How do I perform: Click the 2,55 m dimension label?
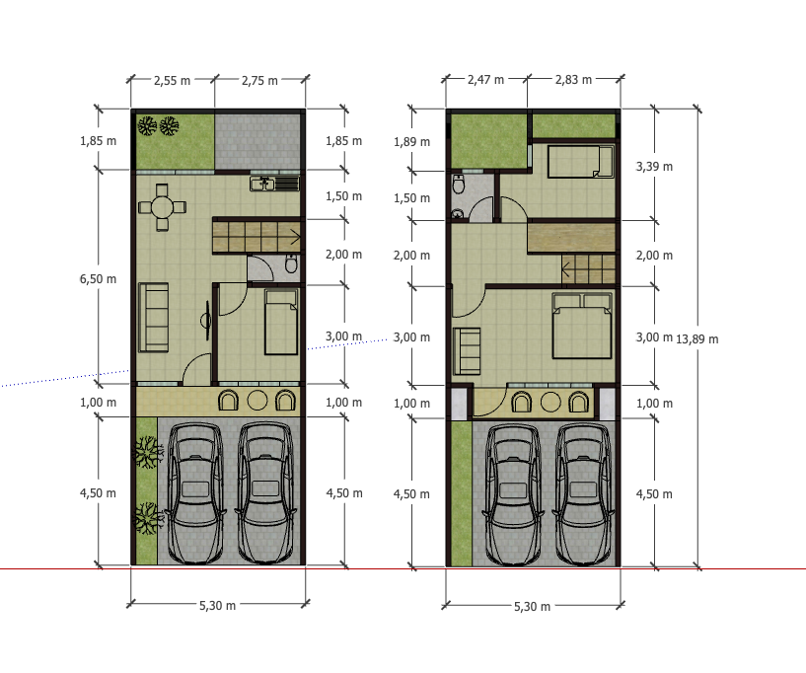(172, 81)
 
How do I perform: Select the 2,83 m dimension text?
(573, 80)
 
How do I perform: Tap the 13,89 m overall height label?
(697, 339)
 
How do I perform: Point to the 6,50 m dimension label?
(98, 279)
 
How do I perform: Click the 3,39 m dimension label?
(654, 167)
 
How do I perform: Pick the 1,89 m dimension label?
(411, 142)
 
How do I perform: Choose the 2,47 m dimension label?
(485, 80)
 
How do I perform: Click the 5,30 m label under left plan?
(217, 606)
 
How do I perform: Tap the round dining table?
(163, 207)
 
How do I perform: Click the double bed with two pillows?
(582, 326)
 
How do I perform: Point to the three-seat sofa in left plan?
(153, 317)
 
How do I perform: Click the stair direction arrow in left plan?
(296, 238)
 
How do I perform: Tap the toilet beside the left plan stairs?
(291, 263)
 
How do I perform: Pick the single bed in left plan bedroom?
(281, 322)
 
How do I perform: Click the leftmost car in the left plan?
(195, 493)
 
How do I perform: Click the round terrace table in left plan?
(257, 401)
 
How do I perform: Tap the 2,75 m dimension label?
(259, 81)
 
